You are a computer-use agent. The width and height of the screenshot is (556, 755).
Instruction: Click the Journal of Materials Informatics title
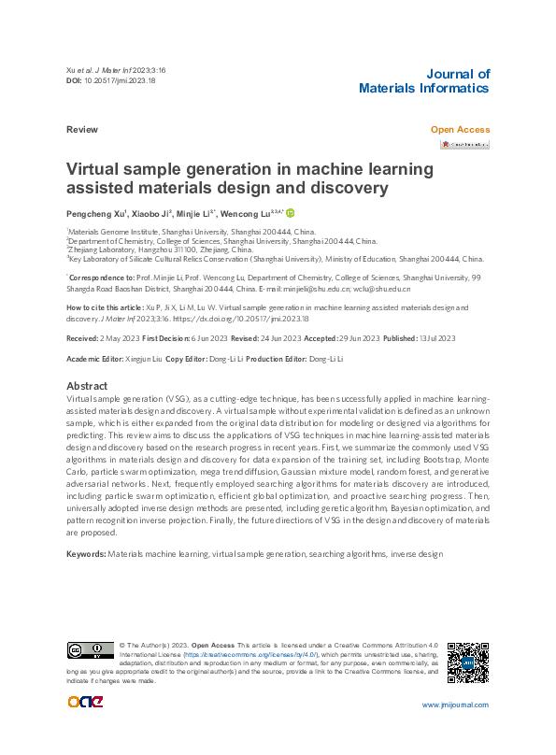(423, 81)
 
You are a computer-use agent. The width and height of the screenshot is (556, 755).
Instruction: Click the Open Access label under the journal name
(459, 130)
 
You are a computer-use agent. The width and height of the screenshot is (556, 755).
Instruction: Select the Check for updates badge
(465, 145)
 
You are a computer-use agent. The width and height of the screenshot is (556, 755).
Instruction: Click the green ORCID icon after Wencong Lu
(290, 214)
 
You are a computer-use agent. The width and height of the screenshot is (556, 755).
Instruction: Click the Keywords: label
(86, 554)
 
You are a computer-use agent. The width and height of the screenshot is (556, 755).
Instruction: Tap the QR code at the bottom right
(466, 663)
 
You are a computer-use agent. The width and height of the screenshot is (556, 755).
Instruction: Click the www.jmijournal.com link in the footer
(455, 704)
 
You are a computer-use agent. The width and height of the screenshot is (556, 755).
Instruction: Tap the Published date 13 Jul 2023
(435, 337)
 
